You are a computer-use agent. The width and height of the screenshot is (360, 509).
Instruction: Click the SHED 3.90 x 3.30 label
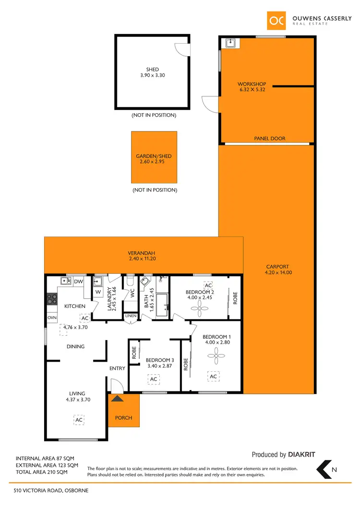pos(152,72)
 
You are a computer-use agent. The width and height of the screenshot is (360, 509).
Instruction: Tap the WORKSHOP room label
pos(252,87)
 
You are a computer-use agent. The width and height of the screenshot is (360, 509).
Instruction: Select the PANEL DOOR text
pos(269,139)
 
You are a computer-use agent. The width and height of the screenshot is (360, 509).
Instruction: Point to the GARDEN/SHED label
pos(154,159)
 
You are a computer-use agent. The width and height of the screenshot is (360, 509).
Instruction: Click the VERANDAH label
pos(141,256)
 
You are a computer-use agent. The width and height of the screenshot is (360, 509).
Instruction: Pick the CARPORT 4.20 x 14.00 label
pos(278,270)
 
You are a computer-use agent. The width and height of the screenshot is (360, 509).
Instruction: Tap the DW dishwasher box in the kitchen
pos(79,282)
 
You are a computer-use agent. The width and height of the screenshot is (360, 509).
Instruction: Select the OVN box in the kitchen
pos(52,318)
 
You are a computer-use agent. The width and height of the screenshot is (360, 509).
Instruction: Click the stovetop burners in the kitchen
pos(52,300)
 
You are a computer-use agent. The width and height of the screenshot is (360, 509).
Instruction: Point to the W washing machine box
pos(98,291)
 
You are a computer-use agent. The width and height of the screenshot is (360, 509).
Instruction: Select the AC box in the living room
pos(79,420)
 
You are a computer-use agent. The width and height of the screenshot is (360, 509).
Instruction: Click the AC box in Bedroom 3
pos(154,379)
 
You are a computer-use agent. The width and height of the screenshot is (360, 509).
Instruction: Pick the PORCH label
pos(123,418)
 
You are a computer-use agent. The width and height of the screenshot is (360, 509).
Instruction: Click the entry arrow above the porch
pos(118,397)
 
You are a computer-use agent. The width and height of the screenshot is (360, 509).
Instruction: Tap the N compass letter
pos(334,470)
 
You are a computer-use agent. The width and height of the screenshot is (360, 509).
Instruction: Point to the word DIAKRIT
pos(301,455)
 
